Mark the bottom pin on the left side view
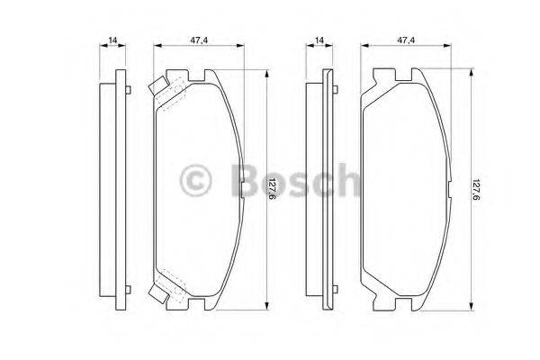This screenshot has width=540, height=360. tap(130, 290)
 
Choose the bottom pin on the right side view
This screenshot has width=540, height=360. tap(337, 290)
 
